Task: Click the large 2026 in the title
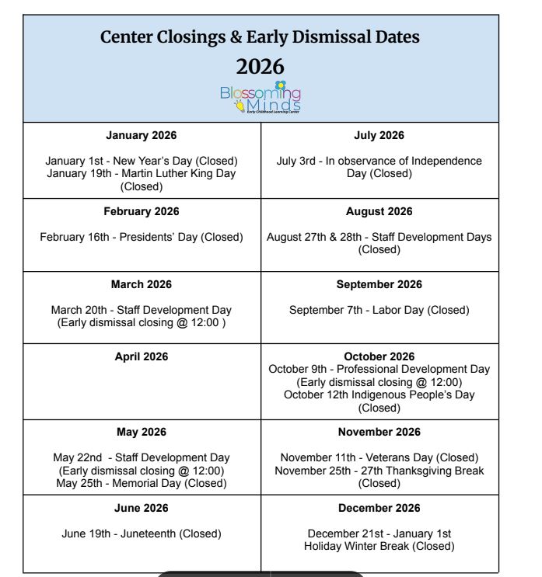point(261,67)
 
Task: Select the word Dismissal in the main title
point(325,36)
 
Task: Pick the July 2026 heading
point(379,135)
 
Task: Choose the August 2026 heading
point(379,211)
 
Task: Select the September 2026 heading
point(379,284)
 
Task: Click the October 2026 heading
point(379,356)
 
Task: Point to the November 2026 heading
point(379,432)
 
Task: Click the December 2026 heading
point(379,508)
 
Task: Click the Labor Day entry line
point(379,310)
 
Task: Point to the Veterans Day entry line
point(379,457)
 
